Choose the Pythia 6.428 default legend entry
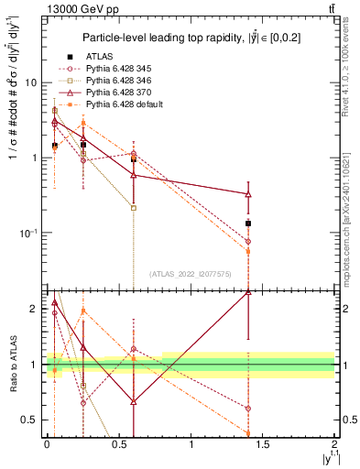[119, 106]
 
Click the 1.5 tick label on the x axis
[263, 444]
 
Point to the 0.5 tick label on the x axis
[118, 444]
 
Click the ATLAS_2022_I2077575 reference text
[189, 274]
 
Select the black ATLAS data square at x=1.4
[248, 224]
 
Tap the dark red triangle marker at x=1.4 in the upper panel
[248, 194]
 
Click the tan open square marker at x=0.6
[134, 208]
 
